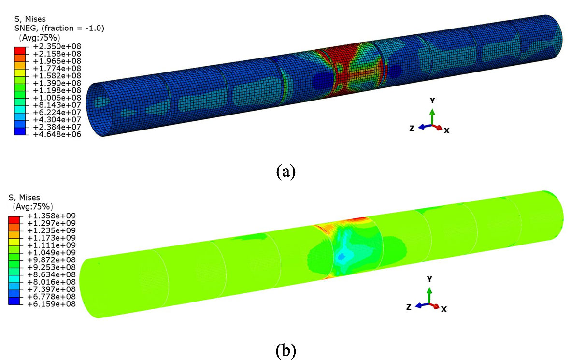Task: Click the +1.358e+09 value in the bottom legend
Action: click(52, 216)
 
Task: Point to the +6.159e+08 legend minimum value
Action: click(52, 304)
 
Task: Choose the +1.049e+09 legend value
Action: click(52, 253)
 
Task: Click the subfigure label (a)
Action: click(285, 172)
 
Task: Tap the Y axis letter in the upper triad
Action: click(432, 101)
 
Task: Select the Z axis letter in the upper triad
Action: click(412, 129)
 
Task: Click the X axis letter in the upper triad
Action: click(447, 131)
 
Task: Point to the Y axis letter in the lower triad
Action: click(429, 279)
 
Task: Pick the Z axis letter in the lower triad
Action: click(409, 307)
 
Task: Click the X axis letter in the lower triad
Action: click(443, 309)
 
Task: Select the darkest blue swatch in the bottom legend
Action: click(14, 301)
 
